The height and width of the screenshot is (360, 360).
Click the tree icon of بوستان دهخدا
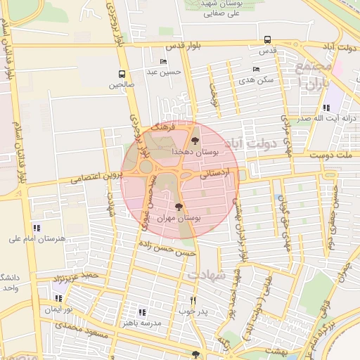click(195, 142)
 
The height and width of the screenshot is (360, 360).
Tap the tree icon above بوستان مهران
click(179, 207)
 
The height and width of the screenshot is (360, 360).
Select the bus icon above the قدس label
click(266, 40)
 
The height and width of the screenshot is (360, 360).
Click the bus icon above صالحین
click(122, 74)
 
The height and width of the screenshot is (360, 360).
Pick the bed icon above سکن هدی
click(255, 70)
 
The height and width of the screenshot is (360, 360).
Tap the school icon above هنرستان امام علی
click(37, 228)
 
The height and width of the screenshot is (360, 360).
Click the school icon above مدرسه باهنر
click(142, 312)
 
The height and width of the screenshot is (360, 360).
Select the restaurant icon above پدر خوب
click(193, 300)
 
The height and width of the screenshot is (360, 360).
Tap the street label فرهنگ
click(161, 129)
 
